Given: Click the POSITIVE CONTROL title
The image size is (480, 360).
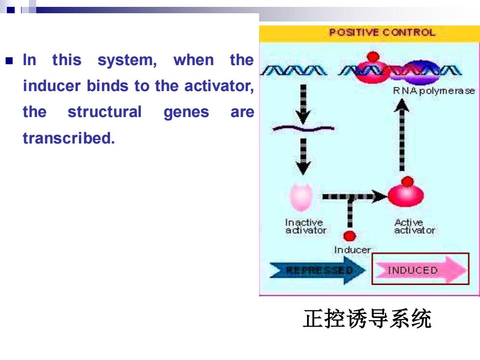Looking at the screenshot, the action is pyautogui.click(x=382, y=32).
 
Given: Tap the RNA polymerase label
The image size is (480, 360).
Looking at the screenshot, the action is pyautogui.click(x=434, y=91).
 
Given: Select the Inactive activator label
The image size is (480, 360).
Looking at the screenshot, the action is pyautogui.click(x=306, y=226).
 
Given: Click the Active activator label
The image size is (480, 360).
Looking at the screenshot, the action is pyautogui.click(x=414, y=226).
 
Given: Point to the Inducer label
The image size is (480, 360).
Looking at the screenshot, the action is pyautogui.click(x=352, y=250).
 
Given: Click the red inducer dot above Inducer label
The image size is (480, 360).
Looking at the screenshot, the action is pyautogui.click(x=350, y=236).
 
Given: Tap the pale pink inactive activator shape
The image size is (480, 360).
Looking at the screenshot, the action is pyautogui.click(x=301, y=197).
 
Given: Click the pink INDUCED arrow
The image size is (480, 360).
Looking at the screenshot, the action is pyautogui.click(x=421, y=270).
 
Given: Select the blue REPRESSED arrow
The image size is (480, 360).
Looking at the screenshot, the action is pyautogui.click(x=318, y=270).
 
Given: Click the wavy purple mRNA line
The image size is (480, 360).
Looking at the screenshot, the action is pyautogui.click(x=303, y=128).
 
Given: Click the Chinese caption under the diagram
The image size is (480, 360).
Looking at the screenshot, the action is pyautogui.click(x=367, y=319).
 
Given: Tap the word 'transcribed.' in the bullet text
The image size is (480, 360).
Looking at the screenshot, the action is pyautogui.click(x=69, y=138).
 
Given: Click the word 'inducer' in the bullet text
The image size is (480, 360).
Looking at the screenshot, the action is pyautogui.click(x=52, y=86).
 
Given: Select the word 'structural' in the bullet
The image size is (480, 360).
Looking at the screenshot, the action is pyautogui.click(x=104, y=112).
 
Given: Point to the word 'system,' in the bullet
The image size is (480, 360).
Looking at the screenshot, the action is pyautogui.click(x=127, y=60).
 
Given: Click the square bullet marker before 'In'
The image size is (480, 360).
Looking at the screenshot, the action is pyautogui.click(x=9, y=60).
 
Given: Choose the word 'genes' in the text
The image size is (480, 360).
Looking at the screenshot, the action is pyautogui.click(x=186, y=113).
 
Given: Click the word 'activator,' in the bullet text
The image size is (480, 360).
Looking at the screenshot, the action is pyautogui.click(x=219, y=86).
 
